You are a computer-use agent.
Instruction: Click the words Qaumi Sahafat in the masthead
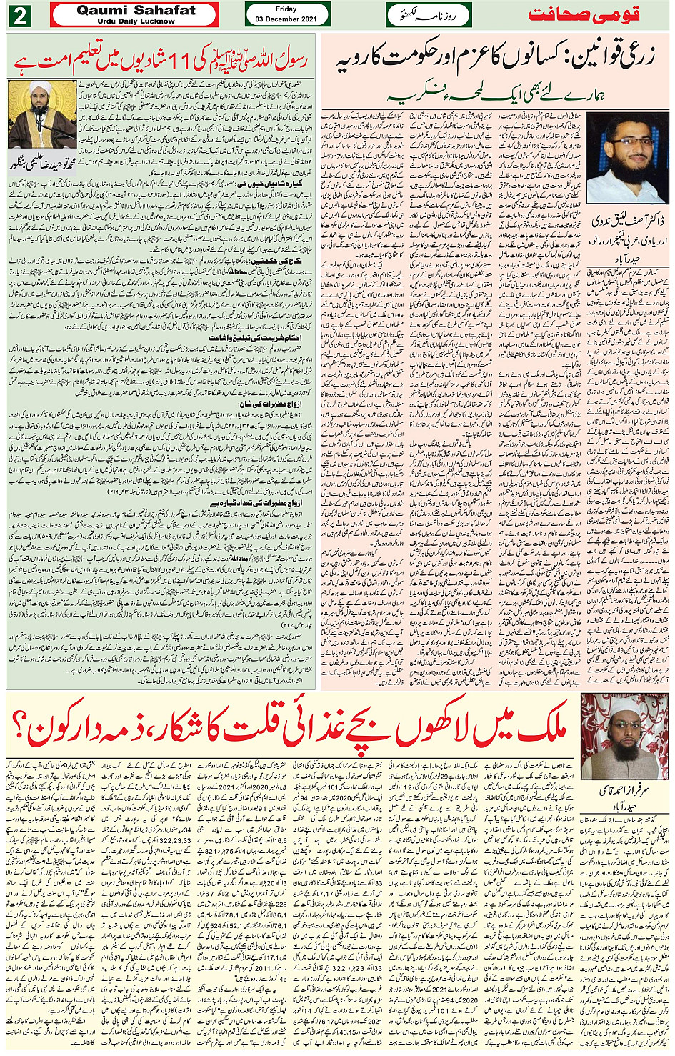(136, 10)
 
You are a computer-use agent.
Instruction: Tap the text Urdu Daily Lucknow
(136, 21)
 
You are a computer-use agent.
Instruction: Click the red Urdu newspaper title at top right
(584, 15)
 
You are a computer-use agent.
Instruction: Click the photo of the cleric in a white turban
(41, 114)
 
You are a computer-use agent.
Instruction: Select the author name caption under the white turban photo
(41, 165)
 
